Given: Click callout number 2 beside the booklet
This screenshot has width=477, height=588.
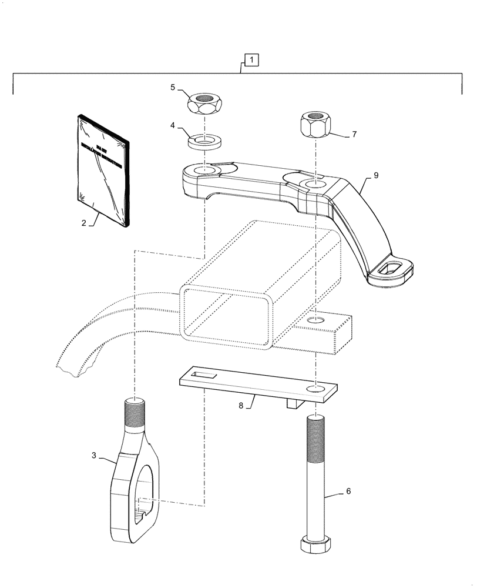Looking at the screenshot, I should (x=84, y=223).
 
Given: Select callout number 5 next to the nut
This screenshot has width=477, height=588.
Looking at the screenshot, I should (x=173, y=88).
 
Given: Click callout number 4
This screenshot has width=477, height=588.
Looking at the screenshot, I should (x=173, y=125).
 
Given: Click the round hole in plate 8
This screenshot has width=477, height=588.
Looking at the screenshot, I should (x=317, y=389).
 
